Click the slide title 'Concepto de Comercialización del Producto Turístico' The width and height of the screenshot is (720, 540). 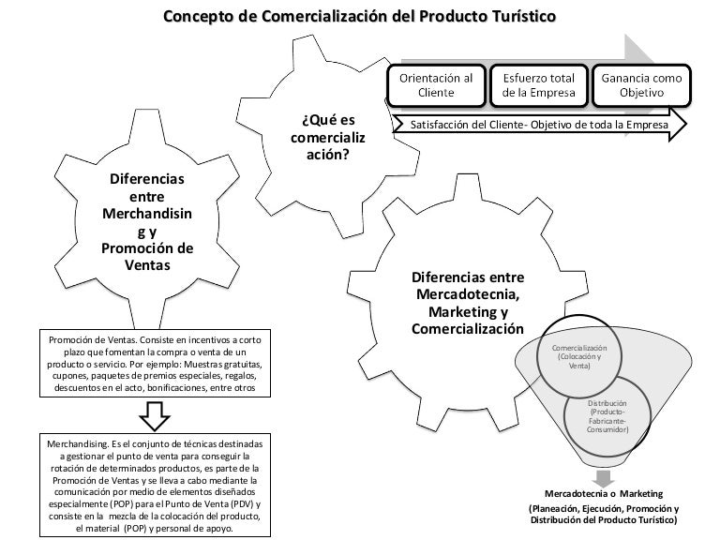point(359,16)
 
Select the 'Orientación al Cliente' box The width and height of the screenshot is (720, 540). point(436,85)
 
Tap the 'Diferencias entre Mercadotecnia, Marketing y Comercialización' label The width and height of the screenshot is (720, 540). point(468,305)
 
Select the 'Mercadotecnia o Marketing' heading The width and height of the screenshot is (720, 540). point(604,493)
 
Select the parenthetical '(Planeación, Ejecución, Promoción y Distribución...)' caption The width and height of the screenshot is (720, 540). point(604,515)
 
